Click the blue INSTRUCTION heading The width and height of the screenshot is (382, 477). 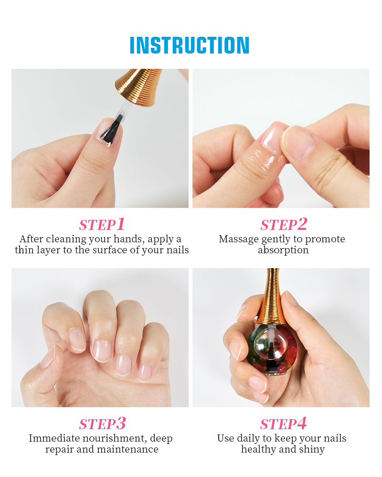click(x=189, y=45)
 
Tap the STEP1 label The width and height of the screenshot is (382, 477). click(x=102, y=225)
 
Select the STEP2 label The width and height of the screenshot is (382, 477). click(x=284, y=225)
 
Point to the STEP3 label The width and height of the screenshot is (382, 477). click(x=102, y=424)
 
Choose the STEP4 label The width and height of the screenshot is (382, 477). click(x=283, y=424)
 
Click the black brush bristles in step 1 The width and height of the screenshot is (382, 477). click(x=112, y=130)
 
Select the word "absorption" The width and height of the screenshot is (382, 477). click(x=283, y=250)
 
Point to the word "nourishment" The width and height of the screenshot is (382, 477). click(x=113, y=438)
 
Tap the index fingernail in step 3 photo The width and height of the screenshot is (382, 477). click(x=76, y=339)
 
